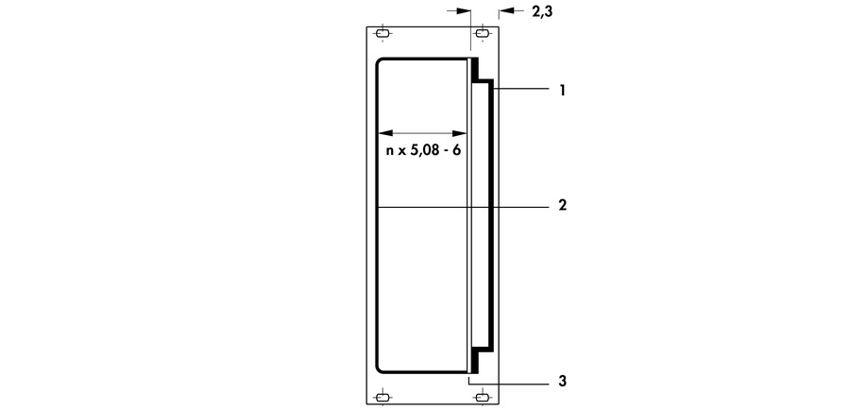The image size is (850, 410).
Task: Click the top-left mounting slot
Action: (382, 35)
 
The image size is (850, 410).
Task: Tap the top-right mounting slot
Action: (482, 35)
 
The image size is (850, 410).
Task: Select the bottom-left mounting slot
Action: (382, 397)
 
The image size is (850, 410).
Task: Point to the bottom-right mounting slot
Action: (482, 397)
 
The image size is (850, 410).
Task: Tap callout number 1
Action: (562, 91)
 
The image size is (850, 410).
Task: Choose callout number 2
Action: (562, 205)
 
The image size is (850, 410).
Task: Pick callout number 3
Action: (562, 382)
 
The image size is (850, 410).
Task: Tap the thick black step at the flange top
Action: (477, 71)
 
